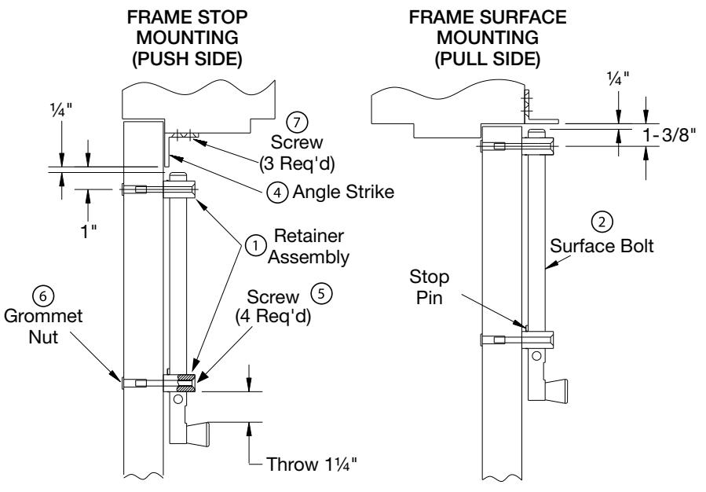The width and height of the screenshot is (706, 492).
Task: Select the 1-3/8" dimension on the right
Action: point(668,135)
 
